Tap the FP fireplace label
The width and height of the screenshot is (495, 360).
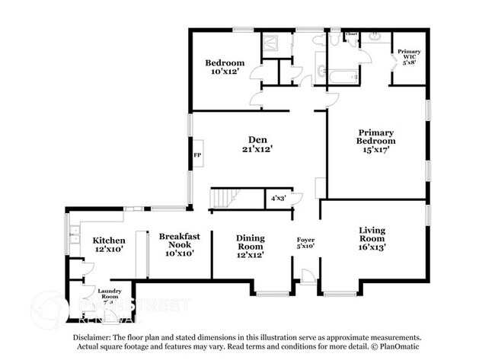pyautogui.click(x=197, y=155)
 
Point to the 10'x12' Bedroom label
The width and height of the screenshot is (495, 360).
pyautogui.click(x=224, y=67)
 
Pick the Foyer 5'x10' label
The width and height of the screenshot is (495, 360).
pyautogui.click(x=305, y=244)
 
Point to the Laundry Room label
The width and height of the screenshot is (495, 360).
pyautogui.click(x=108, y=295)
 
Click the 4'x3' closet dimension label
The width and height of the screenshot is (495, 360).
pyautogui.click(x=278, y=199)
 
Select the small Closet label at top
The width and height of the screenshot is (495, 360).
pyautogui.click(x=352, y=35)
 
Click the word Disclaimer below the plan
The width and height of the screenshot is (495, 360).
pyautogui.click(x=91, y=336)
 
